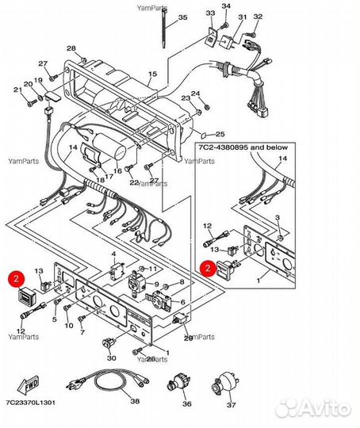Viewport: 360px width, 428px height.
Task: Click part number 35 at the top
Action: [183, 17]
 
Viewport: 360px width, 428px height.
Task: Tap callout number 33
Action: [209, 13]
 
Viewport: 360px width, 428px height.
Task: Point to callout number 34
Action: [225, 6]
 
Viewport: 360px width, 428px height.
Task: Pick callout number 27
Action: [43, 63]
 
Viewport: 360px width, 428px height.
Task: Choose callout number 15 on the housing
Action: [152, 74]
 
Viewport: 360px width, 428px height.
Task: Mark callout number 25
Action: [220, 134]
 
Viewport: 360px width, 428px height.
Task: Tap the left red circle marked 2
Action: [15, 278]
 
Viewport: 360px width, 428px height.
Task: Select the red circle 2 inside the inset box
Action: [206, 268]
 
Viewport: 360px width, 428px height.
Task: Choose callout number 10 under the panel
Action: [81, 326]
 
